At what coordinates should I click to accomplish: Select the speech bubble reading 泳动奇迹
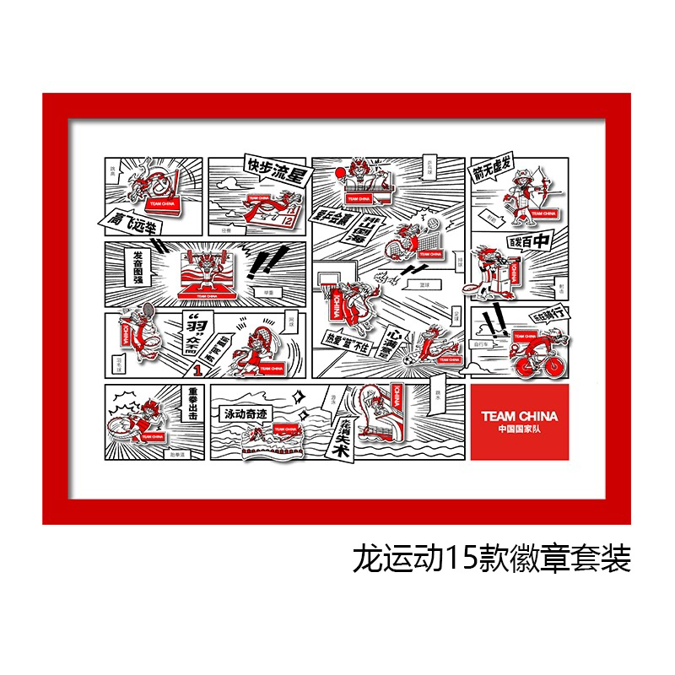(245, 415)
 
